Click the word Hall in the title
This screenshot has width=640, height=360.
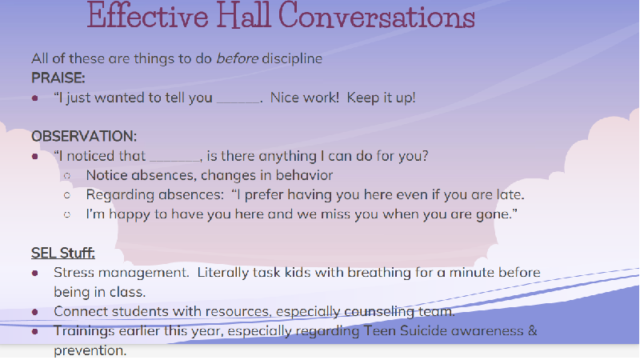[243, 15]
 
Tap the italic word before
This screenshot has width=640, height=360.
[237, 58]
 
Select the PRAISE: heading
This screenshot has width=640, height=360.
[58, 78]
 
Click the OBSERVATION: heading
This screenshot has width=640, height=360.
[84, 136]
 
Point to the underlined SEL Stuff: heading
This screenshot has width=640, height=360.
[63, 253]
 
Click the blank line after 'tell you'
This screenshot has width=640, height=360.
[238, 102]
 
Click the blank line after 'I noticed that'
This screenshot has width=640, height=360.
[175, 160]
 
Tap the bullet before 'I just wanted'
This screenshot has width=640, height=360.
[35, 98]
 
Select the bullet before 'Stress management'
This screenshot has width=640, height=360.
[35, 273]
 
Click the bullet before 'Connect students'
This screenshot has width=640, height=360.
[35, 312]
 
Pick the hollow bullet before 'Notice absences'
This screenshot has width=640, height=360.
[67, 176]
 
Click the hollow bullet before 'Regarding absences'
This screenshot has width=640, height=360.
[67, 195]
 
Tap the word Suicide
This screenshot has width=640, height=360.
[423, 330]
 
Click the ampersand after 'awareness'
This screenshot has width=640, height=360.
[533, 330]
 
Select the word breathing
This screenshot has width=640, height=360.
[379, 272]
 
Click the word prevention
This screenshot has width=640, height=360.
[90, 350]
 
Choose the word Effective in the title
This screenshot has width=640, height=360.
[148, 15]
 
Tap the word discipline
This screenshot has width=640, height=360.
[292, 58]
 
